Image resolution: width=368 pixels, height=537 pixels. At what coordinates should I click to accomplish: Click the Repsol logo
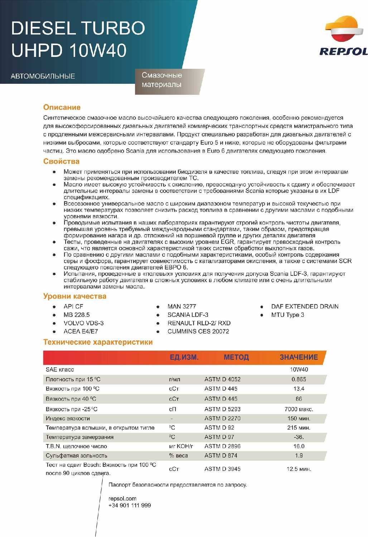tap(343, 36)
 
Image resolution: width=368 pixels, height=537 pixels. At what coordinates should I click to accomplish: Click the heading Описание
tap(62, 107)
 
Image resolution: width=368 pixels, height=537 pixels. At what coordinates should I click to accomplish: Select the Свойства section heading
tap(61, 161)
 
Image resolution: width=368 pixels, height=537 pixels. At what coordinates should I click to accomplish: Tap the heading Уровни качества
tap(75, 296)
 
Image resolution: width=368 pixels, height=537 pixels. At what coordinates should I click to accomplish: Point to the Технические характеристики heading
tap(98, 342)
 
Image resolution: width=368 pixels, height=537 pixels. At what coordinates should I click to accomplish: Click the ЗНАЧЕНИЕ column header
tap(299, 357)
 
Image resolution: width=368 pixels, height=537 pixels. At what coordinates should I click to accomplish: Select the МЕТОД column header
tap(236, 357)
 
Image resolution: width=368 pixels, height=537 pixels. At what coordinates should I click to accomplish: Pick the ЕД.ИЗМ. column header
tap(184, 357)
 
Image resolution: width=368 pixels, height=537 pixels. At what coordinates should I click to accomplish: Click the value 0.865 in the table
tap(299, 379)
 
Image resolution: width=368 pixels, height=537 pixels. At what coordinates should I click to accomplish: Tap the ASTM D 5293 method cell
tap(222, 409)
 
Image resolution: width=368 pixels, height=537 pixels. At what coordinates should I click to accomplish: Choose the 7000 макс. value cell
tap(299, 409)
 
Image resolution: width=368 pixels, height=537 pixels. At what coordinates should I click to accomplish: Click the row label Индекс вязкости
tap(68, 419)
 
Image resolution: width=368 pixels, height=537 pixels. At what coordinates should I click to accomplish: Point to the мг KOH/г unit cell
tap(181, 446)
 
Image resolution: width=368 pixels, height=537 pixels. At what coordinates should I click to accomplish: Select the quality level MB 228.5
tap(77, 315)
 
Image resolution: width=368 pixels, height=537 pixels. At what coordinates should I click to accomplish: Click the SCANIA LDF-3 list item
tap(188, 315)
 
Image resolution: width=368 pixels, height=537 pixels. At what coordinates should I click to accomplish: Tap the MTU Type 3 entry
tap(287, 315)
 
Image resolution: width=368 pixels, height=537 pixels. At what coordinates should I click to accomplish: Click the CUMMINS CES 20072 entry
tap(198, 332)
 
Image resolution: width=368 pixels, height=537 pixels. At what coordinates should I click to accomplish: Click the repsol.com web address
tap(122, 499)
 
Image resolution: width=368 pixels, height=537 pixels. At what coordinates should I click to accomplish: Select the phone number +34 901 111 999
tap(130, 505)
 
